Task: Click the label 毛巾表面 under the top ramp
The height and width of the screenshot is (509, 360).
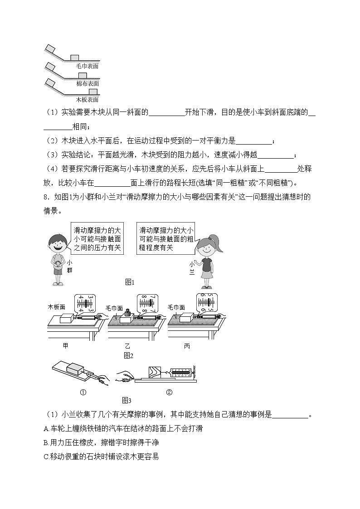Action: [x=87, y=66]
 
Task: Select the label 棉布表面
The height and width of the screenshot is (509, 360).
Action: [x=87, y=83]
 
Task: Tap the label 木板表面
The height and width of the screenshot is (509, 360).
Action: [x=87, y=100]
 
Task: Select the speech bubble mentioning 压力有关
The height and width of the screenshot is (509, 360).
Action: [x=98, y=238]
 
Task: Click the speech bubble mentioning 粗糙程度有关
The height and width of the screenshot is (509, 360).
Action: [x=166, y=238]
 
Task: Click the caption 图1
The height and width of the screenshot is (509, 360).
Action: [x=130, y=282]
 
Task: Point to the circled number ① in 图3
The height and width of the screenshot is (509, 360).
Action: [x=83, y=393]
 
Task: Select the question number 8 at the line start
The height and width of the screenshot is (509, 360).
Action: [x=46, y=197]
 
